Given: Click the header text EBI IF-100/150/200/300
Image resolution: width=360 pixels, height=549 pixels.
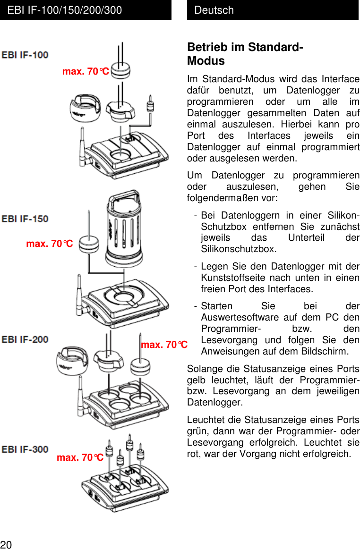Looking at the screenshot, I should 65,10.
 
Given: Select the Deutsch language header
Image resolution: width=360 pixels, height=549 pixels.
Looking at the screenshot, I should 214,10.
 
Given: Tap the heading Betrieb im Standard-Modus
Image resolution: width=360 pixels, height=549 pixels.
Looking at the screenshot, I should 245,54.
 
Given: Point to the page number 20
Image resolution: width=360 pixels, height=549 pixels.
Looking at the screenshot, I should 6,544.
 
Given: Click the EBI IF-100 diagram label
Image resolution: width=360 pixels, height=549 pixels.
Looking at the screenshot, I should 25,55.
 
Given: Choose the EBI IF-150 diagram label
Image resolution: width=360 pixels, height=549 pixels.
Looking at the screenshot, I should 25,219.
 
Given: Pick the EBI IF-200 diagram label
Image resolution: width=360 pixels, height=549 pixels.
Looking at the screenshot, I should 25,339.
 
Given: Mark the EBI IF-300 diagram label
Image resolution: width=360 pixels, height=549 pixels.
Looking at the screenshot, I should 25,449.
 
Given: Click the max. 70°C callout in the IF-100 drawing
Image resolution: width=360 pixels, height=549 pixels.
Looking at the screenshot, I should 86,72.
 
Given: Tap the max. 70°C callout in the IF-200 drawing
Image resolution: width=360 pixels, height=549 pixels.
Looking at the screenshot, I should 164,345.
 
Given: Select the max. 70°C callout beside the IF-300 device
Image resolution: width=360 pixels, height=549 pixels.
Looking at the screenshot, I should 80,457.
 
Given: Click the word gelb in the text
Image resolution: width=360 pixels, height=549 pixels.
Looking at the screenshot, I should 196,380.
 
